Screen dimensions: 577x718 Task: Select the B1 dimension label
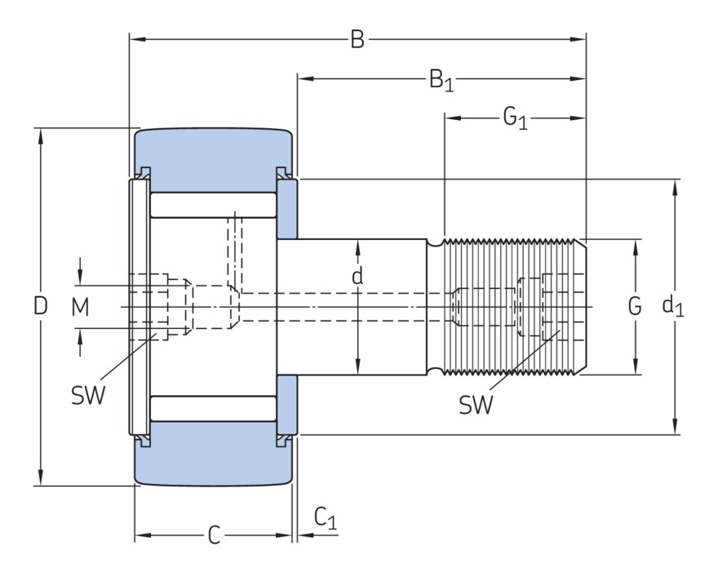click(441, 80)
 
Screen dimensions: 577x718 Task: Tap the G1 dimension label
click(515, 119)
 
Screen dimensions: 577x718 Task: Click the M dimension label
click(79, 307)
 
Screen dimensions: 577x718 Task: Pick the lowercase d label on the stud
click(357, 277)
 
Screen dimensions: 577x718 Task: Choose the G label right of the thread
click(635, 307)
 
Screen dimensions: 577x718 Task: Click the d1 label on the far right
click(673, 306)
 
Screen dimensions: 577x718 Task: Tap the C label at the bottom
click(213, 535)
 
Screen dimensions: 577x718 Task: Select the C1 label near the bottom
click(325, 517)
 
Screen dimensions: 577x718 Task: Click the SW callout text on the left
click(89, 396)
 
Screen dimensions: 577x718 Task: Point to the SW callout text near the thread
click(476, 404)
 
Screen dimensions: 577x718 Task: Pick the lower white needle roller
click(214, 407)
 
